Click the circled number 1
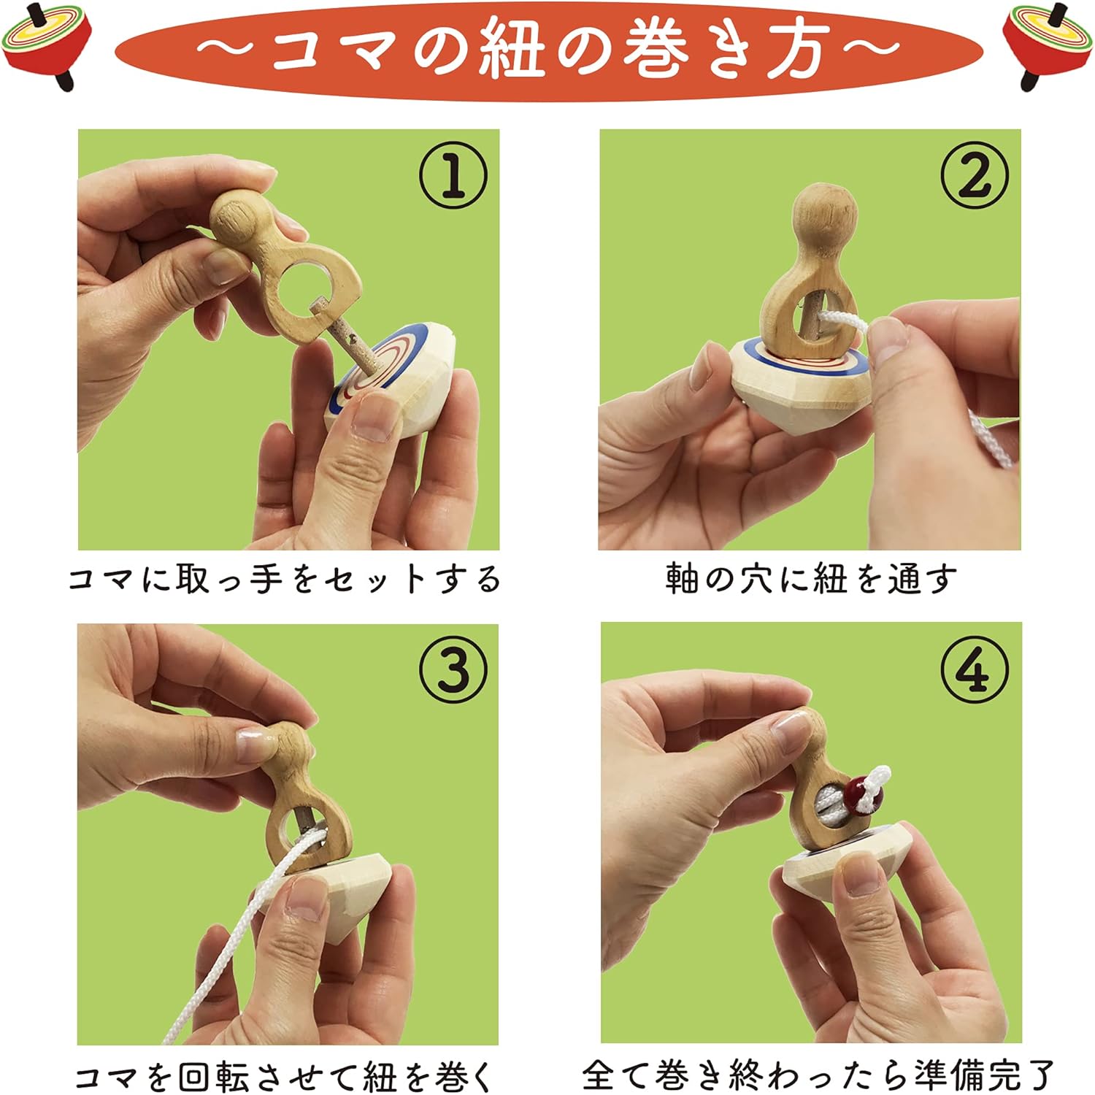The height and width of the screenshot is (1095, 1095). coord(453,175)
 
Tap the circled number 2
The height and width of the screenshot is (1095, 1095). coord(974,175)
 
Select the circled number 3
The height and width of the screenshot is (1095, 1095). coord(453,669)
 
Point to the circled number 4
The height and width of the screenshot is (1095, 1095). coord(974,669)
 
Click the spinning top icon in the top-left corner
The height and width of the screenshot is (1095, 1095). coord(45,45)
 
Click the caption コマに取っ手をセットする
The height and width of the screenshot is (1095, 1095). coord(285,580)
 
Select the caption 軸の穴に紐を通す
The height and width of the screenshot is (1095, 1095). coord(810,580)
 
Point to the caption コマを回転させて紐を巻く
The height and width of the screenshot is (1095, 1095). coord(285,1076)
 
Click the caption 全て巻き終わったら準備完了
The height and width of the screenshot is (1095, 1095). coord(818,1075)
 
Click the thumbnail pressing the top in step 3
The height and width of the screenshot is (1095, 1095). coord(307,898)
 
